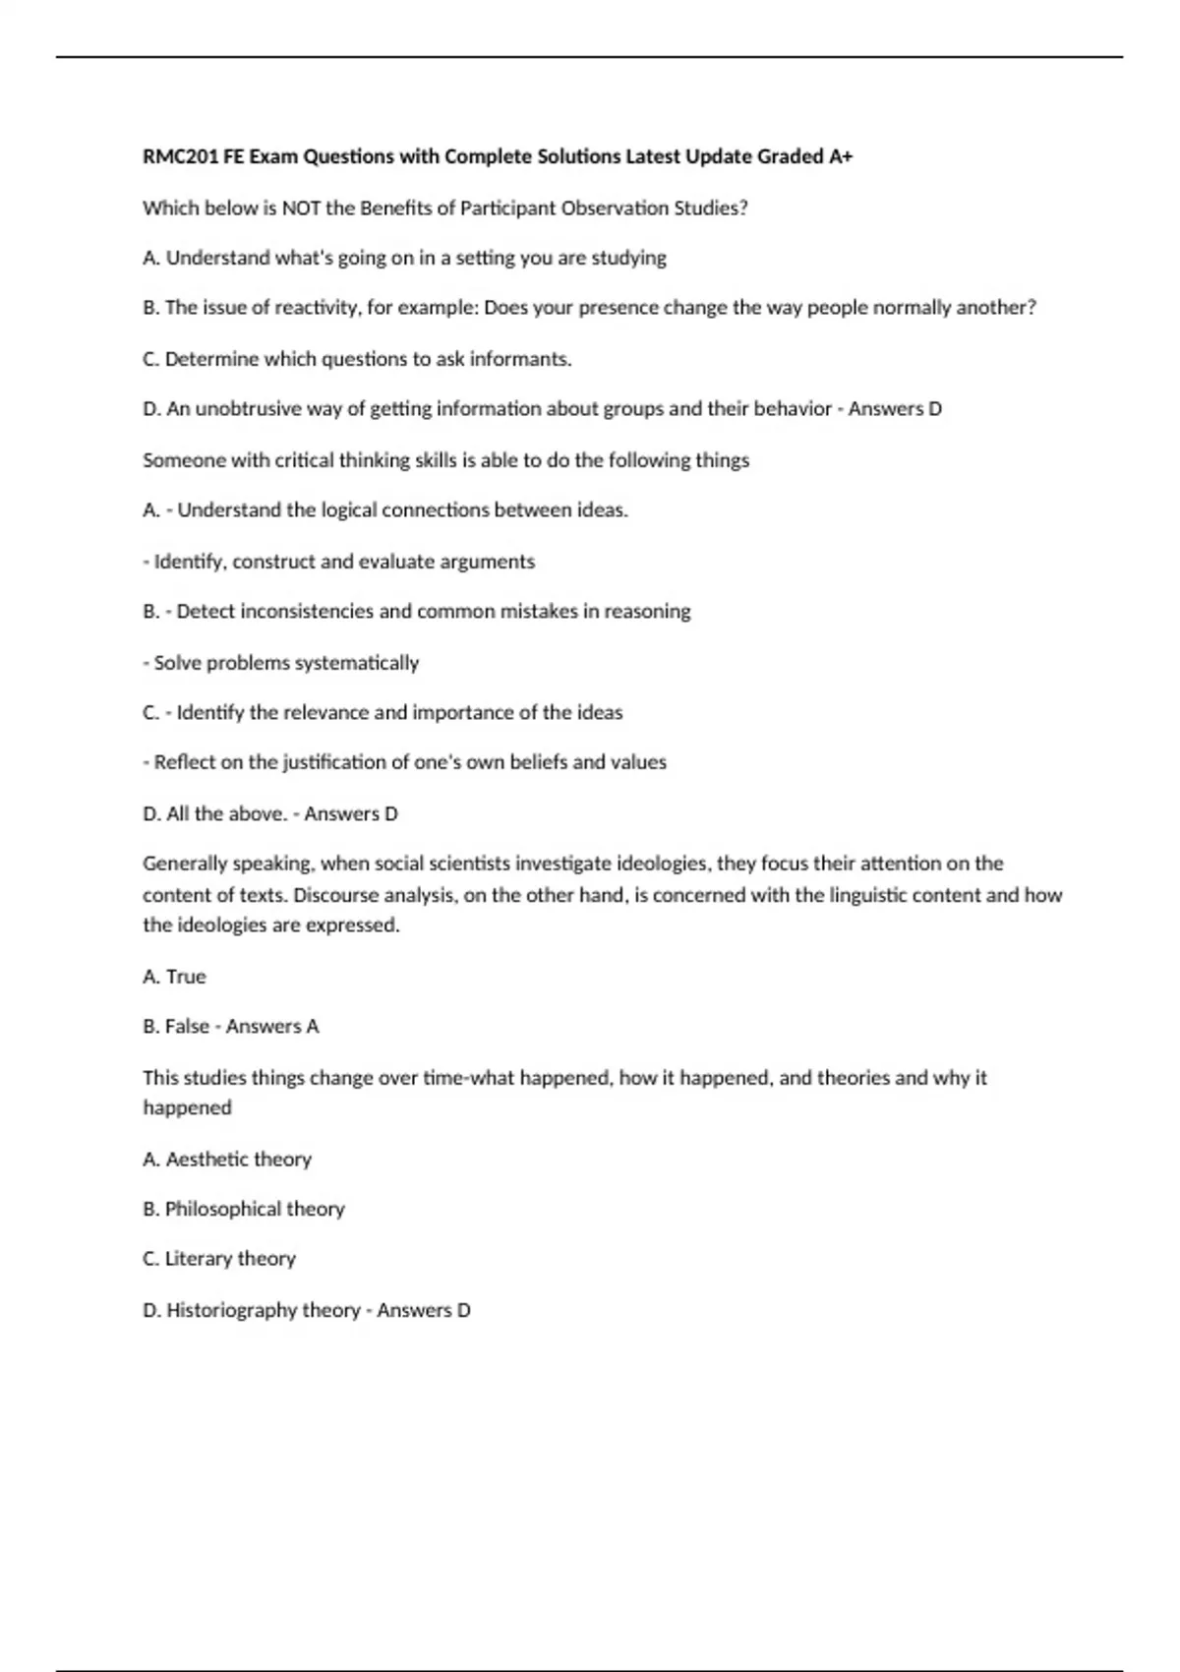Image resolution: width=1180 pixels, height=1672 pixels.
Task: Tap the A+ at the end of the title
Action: tap(840, 156)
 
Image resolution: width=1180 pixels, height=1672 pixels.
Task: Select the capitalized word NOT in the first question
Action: tap(301, 208)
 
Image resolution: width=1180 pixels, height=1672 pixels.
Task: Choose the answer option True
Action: tap(186, 977)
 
